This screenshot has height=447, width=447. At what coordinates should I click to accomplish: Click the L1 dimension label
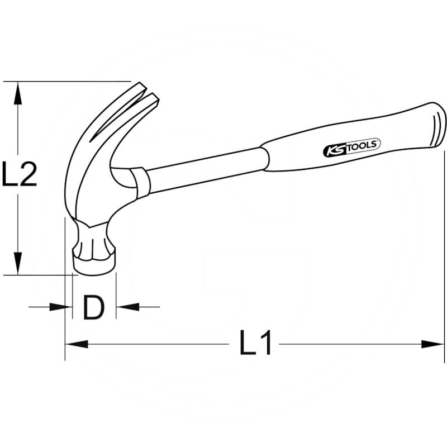(256, 343)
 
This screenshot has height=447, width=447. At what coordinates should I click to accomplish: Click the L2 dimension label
(20, 174)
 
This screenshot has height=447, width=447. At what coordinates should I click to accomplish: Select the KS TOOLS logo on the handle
(352, 147)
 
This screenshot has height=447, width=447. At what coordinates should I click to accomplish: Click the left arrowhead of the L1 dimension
(77, 344)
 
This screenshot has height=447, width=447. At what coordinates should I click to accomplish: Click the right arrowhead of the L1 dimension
(432, 344)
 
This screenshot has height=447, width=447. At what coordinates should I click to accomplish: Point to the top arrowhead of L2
(18, 93)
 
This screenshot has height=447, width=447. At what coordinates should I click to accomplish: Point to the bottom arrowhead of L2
(18, 263)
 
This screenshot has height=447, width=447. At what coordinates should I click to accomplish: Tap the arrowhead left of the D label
(61, 307)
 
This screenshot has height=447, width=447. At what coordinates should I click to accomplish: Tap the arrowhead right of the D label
(127, 307)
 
